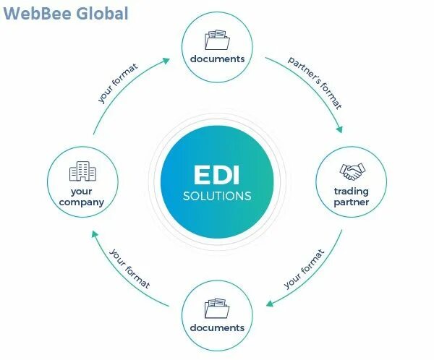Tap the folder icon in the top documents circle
[x=217, y=39]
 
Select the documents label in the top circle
[x=217, y=59]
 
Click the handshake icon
[x=352, y=172]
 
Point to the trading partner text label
[x=352, y=197]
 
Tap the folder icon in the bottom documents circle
[x=217, y=308]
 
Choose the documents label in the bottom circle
[x=217, y=327]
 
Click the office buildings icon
[x=82, y=172]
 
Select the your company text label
[x=82, y=197]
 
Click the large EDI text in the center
[x=217, y=176]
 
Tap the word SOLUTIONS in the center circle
[x=217, y=196]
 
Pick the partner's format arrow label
[x=315, y=81]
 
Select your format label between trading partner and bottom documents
[x=305, y=269]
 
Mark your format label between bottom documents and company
[x=130, y=269]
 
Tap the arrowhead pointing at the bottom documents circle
[x=269, y=304]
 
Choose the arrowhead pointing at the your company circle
[x=94, y=233]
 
